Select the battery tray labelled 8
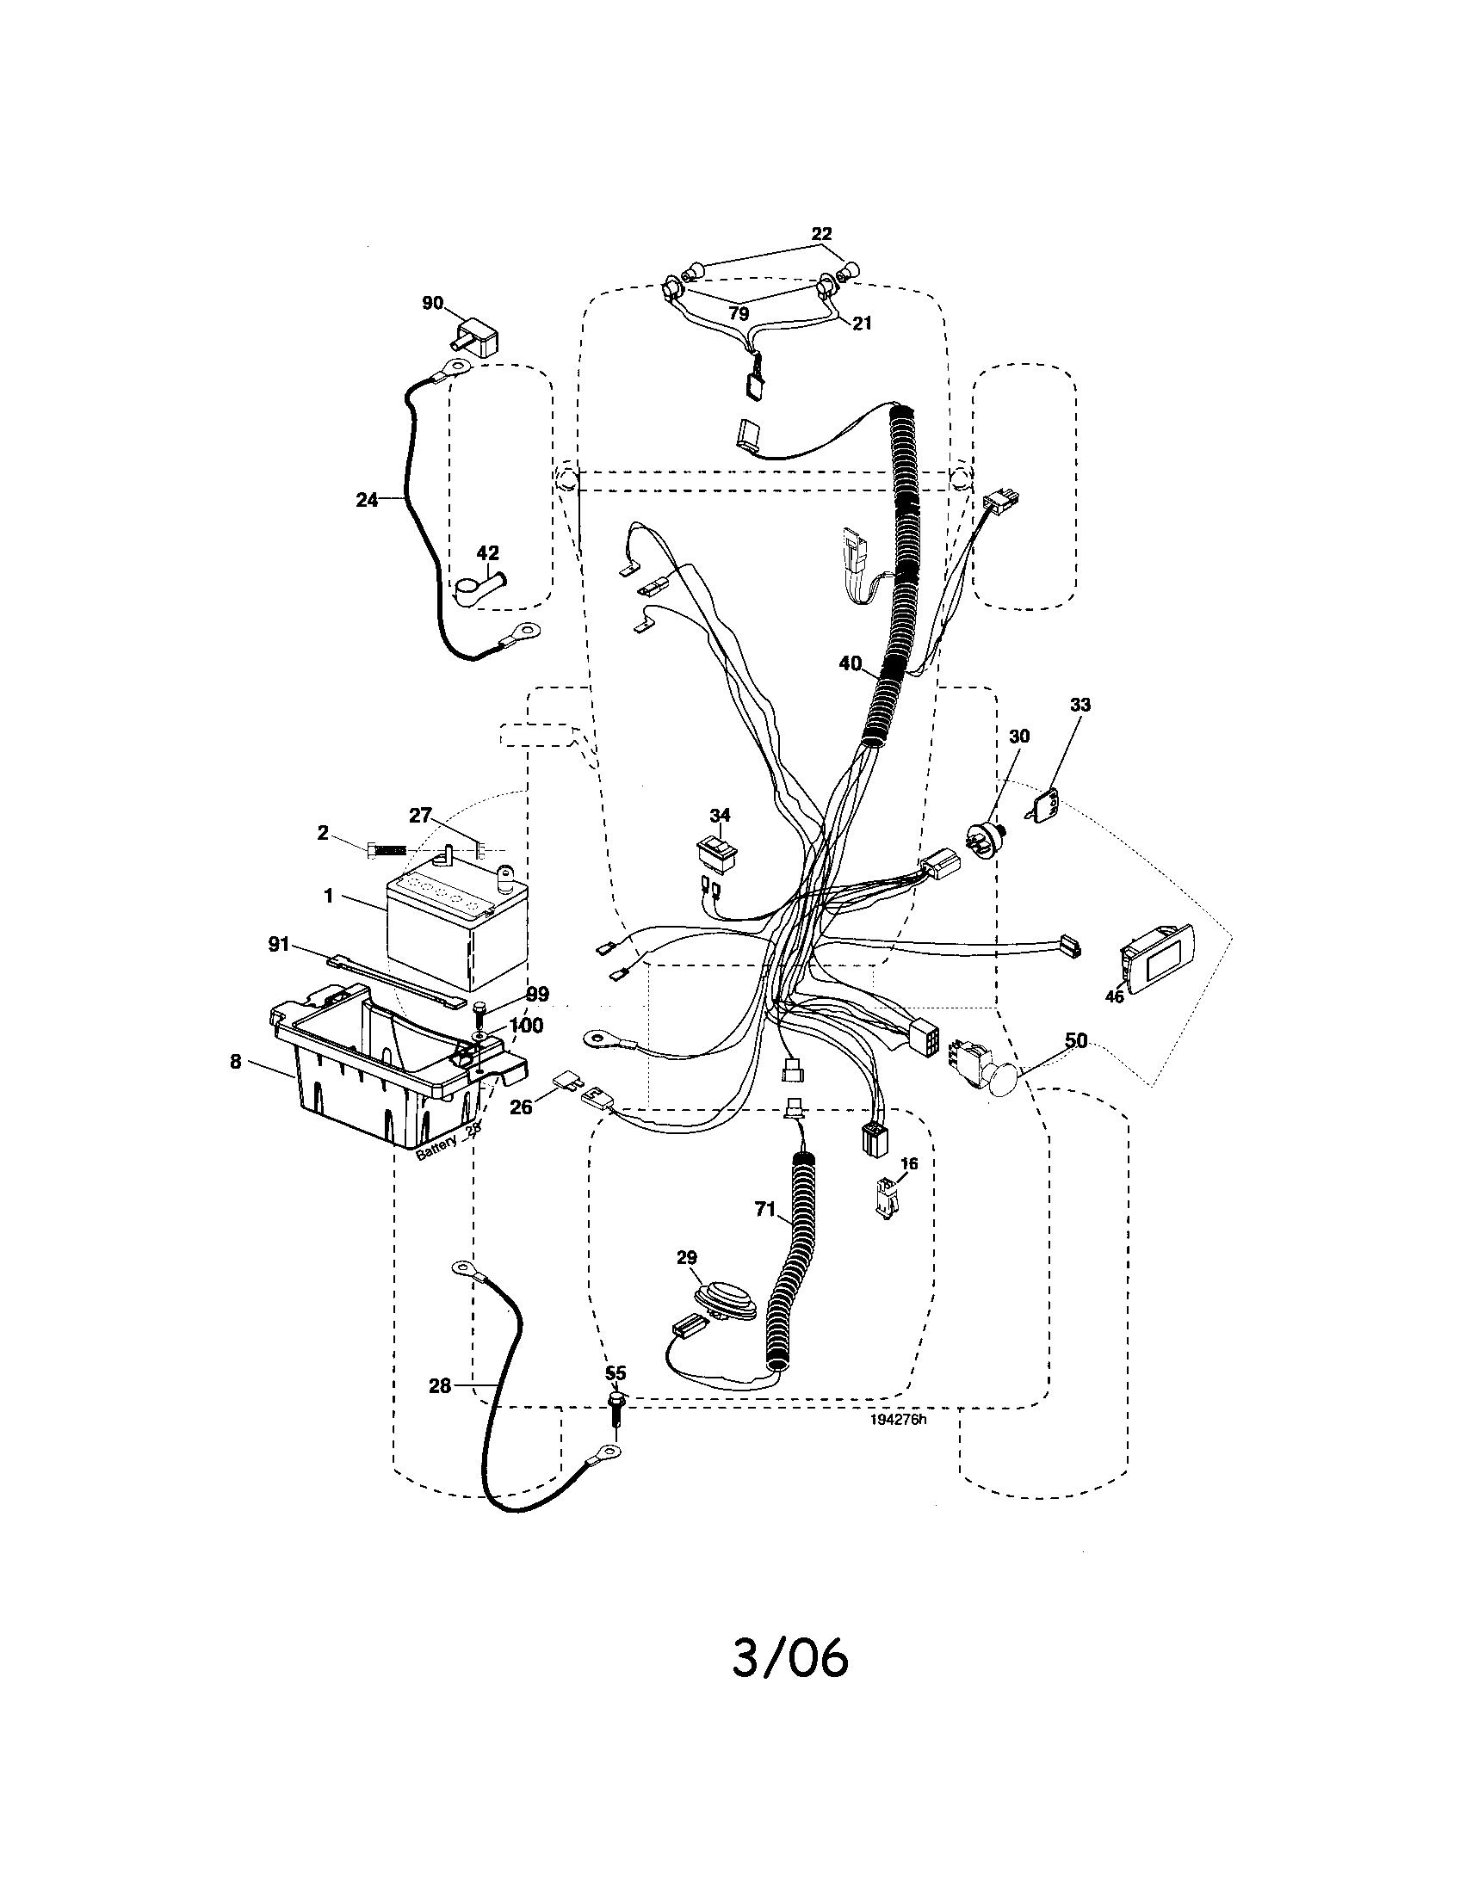click(381, 1075)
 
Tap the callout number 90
click(433, 303)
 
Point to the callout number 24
click(367, 499)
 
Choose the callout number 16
click(909, 1164)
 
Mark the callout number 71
click(764, 1210)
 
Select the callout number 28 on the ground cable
click(440, 1386)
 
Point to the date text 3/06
click(789, 1659)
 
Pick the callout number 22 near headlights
click(821, 233)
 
